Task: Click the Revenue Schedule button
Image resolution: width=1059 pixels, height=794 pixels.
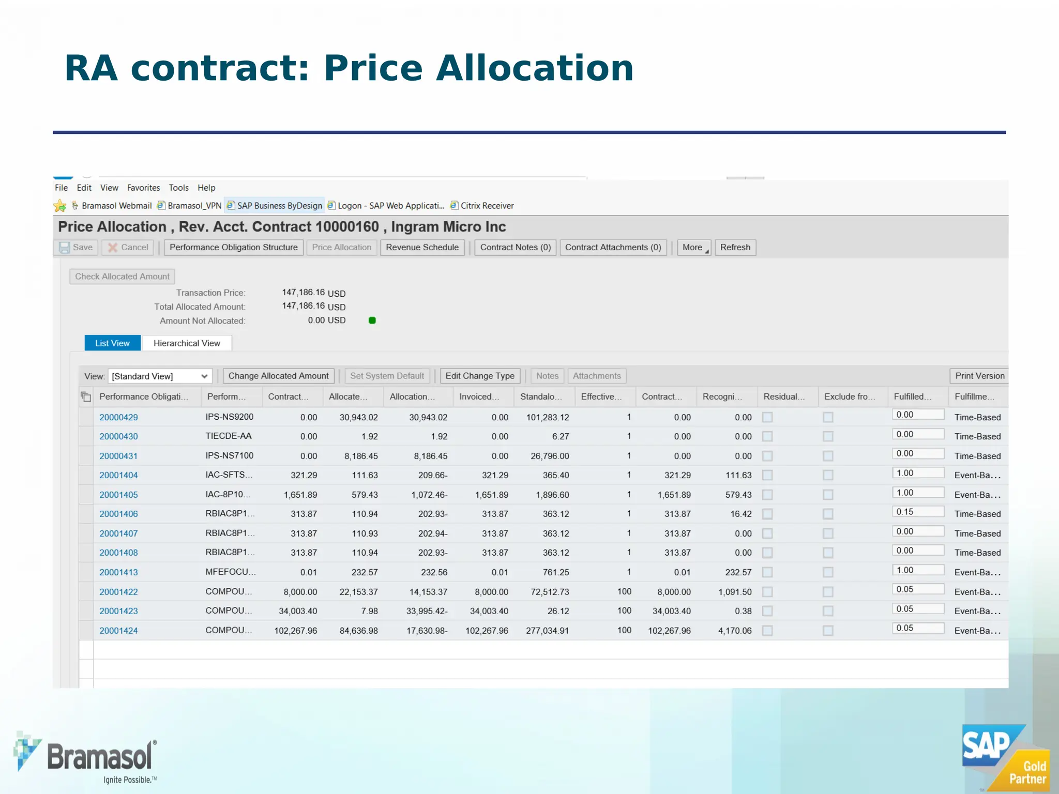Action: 422,248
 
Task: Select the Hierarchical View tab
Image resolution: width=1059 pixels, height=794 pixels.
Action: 187,343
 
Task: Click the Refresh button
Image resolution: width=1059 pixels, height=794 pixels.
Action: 735,248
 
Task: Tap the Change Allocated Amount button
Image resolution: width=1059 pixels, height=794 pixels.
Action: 278,376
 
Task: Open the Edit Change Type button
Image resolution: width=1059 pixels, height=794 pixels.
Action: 479,376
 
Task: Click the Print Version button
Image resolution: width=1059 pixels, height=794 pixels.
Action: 979,376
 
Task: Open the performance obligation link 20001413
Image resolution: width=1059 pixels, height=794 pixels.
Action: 118,572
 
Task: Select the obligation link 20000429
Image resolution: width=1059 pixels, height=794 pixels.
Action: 118,417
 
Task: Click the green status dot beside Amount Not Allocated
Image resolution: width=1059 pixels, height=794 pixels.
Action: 372,320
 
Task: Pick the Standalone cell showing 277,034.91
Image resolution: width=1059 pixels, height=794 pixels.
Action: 547,631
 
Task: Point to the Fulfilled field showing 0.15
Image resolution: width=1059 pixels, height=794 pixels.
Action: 917,512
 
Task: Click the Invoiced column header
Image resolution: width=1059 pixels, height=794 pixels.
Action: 479,396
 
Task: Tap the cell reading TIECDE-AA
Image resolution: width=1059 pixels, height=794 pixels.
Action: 229,436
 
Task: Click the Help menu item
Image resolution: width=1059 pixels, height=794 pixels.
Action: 206,188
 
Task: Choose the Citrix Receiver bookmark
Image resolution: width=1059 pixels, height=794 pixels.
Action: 487,206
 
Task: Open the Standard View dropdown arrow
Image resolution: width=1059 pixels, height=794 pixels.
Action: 204,376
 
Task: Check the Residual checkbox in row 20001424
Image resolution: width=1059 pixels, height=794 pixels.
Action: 767,631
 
